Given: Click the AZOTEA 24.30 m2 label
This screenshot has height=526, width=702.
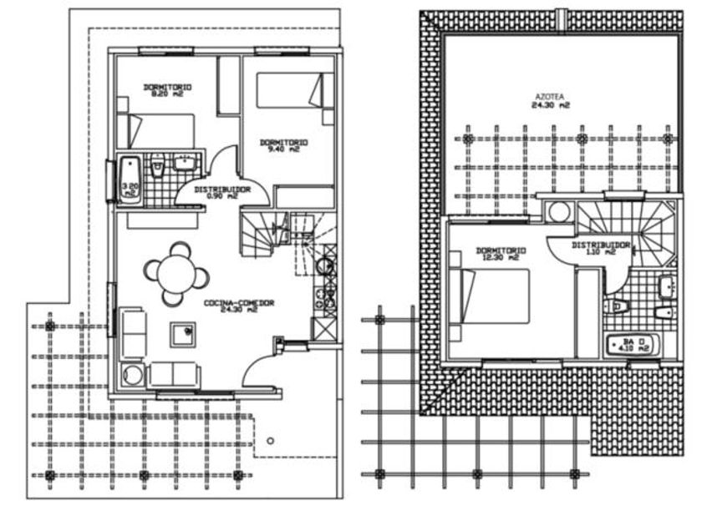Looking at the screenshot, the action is coord(552,102).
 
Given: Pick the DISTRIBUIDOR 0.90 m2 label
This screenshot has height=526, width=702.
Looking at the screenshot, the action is coord(223,193).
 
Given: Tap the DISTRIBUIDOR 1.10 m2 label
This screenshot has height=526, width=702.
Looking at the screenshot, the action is coord(600,248).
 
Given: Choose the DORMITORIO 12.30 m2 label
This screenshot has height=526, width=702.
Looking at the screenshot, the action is coord(500,254).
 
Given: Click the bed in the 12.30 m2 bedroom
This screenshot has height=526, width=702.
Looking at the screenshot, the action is coord(493,296).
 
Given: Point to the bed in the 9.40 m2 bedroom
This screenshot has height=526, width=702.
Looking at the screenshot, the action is coord(289,91).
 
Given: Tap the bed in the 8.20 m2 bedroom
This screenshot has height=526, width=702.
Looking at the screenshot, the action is coord(159,130).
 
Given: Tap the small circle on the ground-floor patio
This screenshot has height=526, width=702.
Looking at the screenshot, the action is coord(269,440).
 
